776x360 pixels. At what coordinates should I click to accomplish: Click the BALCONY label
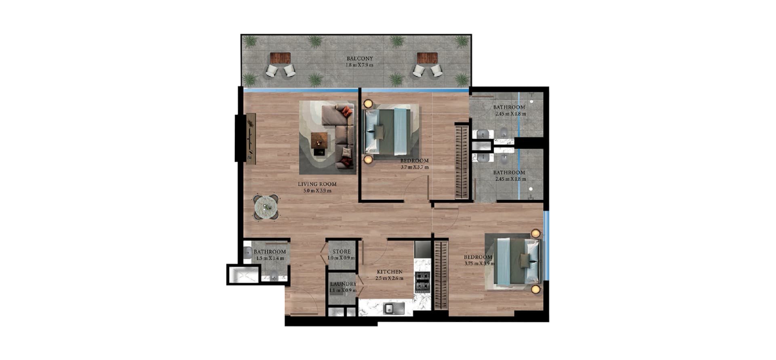(x=360, y=59)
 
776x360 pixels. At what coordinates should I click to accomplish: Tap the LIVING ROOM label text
(x=317, y=184)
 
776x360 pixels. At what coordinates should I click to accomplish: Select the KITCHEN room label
(x=390, y=272)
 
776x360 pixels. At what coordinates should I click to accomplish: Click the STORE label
(x=342, y=252)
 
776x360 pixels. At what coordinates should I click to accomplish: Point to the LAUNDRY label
(x=343, y=284)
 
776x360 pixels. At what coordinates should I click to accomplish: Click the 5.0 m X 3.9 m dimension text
(x=317, y=191)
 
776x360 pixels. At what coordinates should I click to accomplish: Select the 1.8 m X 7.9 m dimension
(x=359, y=65)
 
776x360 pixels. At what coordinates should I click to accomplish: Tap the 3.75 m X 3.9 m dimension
(x=479, y=264)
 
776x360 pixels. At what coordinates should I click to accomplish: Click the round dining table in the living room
(x=266, y=207)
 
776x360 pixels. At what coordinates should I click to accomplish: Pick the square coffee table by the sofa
(x=319, y=141)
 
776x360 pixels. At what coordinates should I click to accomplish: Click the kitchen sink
(x=394, y=308)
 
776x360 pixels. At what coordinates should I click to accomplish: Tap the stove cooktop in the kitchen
(x=422, y=282)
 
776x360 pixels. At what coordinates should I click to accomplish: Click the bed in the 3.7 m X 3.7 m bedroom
(x=388, y=132)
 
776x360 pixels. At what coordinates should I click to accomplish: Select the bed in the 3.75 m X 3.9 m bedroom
(x=517, y=261)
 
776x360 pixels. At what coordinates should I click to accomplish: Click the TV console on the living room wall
(x=251, y=139)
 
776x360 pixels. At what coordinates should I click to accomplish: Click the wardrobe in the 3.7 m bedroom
(x=462, y=162)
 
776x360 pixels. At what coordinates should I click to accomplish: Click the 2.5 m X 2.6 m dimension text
(x=390, y=278)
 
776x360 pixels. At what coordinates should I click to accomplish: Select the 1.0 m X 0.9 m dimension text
(x=342, y=258)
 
